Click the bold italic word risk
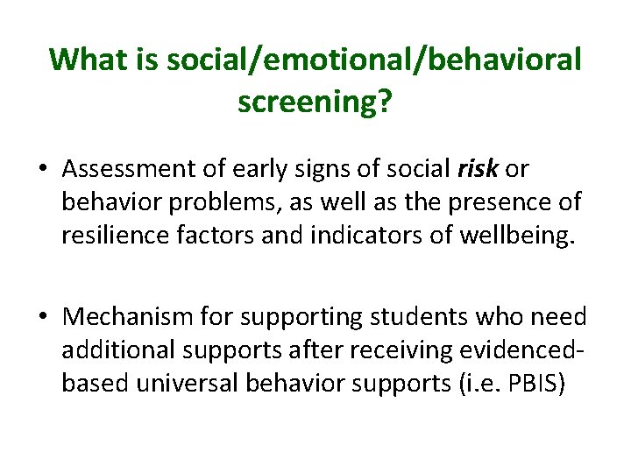[x=477, y=167]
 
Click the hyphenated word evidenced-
[x=518, y=349]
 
